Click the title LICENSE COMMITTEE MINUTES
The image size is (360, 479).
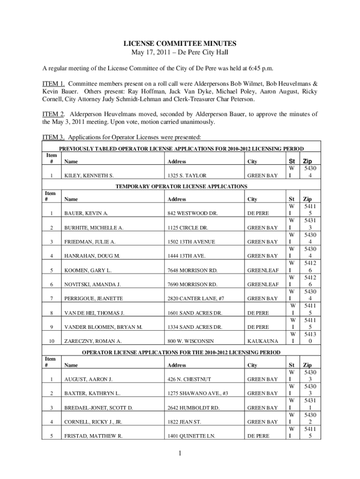(x=180, y=44)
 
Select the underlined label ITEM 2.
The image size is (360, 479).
(x=47, y=114)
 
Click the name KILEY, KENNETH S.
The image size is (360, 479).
(x=89, y=176)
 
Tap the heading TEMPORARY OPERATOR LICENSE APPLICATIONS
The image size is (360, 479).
(x=181, y=187)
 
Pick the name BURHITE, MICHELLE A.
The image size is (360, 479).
(x=94, y=228)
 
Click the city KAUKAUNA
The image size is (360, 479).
(x=262, y=341)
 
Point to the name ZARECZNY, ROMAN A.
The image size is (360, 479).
(x=93, y=341)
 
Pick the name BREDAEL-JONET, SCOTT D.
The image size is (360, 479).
(x=99, y=408)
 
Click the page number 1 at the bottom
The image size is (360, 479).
(x=180, y=453)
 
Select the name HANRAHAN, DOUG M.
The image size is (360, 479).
(x=92, y=256)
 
